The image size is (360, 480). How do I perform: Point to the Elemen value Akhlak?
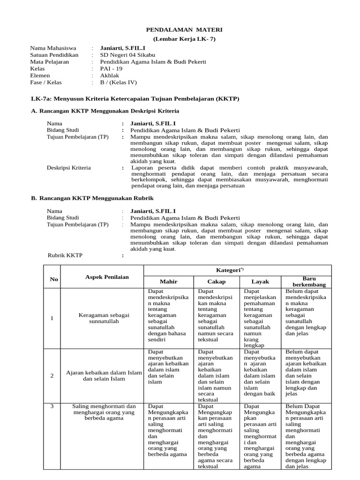110,75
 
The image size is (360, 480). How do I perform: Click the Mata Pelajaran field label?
49,62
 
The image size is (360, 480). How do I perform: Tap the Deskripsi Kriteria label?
69,167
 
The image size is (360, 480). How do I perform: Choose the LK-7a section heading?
135,99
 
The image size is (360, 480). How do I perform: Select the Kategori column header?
237,270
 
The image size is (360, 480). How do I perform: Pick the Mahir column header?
168,282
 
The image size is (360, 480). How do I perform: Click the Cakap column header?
217,282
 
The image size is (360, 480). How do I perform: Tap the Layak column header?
260,282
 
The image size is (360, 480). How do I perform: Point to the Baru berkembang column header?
307,282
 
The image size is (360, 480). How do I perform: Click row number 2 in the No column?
52,375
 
